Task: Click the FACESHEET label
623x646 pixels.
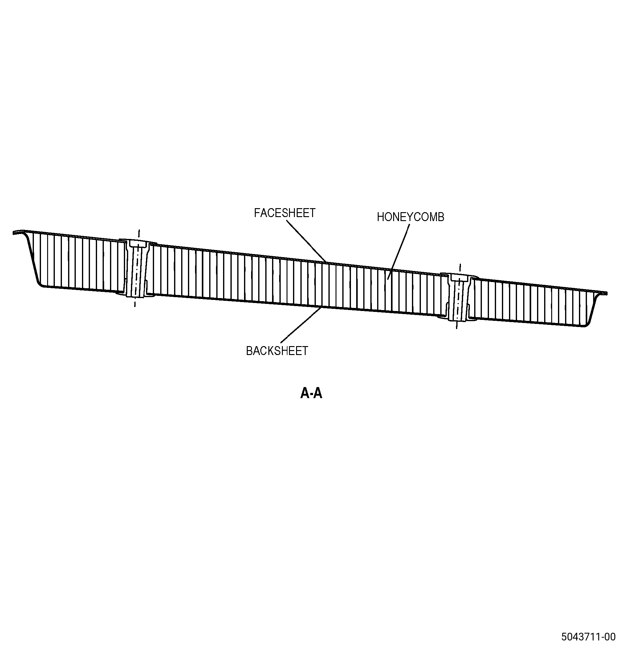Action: tap(285, 213)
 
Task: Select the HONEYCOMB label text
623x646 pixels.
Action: tap(411, 217)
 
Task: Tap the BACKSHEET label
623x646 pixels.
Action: tap(277, 351)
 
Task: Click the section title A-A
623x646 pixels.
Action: tap(311, 393)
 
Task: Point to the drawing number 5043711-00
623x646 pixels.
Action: tap(588, 636)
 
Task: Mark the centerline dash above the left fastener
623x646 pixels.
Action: tap(139, 234)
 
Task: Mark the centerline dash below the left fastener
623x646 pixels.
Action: tap(135, 302)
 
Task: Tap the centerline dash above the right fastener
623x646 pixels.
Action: tap(460, 268)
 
